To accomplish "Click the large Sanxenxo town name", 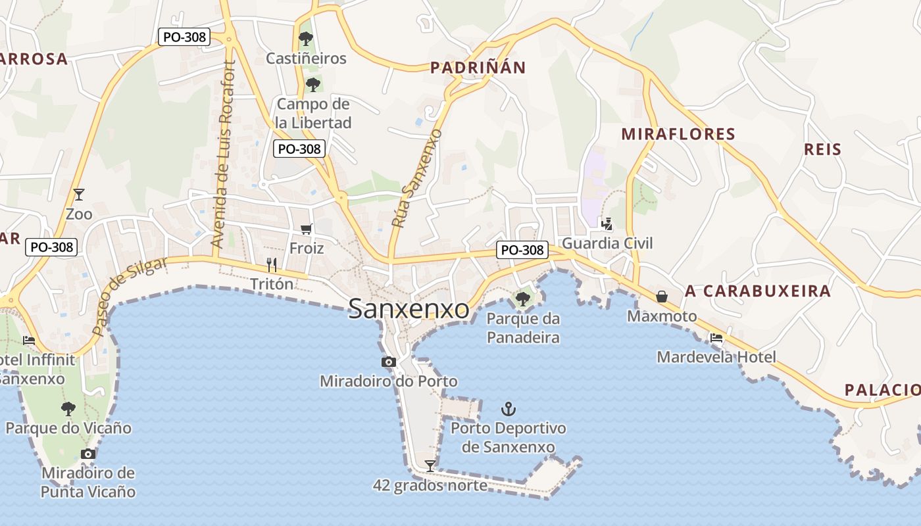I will tap(409, 309).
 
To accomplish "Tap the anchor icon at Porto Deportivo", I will tap(508, 409).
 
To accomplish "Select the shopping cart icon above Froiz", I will tap(306, 229).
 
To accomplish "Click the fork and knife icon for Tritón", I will tap(271, 264).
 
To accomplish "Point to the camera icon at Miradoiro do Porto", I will tap(388, 362).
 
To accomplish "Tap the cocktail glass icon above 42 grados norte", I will tap(430, 466).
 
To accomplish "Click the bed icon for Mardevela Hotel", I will tap(716, 338).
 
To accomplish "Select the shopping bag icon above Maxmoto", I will tap(662, 297).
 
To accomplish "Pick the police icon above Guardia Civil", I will tap(607, 224).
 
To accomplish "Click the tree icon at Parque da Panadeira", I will tap(523, 299).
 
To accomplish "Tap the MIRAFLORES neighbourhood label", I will tap(678, 134).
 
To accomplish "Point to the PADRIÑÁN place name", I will tap(478, 68).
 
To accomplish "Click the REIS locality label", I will tap(823, 149).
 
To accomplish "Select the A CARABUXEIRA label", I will tap(758, 291).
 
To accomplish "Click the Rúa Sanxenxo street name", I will tap(416, 179).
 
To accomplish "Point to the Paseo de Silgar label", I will tap(130, 296).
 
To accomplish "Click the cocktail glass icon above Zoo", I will tap(79, 194).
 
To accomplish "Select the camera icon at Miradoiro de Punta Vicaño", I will tap(87, 454).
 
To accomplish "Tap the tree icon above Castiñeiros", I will tap(305, 39).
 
